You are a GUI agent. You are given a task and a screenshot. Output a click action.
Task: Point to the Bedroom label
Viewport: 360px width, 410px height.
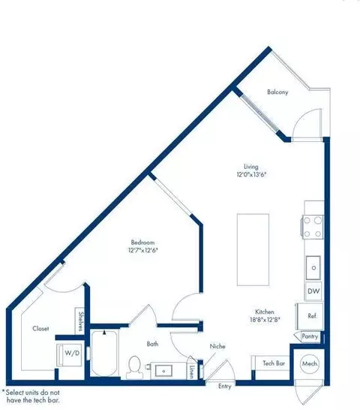point(142,242)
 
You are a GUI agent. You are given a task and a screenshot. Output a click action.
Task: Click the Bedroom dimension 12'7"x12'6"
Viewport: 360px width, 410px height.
point(142,251)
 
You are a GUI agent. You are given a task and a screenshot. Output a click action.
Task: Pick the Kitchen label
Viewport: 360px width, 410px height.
point(263,312)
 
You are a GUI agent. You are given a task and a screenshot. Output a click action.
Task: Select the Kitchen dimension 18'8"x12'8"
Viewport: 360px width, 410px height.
point(263,321)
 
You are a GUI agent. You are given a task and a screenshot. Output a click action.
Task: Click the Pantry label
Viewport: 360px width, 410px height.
point(310,337)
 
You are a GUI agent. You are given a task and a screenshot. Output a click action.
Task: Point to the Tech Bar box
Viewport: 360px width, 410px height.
point(273,362)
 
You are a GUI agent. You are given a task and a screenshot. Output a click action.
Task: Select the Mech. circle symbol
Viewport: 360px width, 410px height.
point(309,363)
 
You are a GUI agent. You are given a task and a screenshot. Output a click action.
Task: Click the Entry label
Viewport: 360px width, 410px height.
point(225,386)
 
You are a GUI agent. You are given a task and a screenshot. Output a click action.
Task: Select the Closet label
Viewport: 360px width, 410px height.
point(40,328)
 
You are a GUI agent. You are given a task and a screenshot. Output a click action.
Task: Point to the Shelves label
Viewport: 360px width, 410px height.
point(80,321)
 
